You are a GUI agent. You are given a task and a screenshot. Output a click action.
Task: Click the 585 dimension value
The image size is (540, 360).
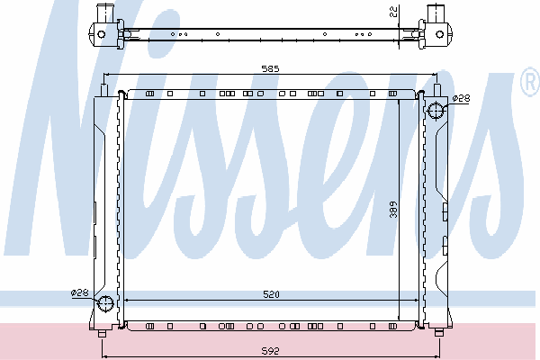[270, 69]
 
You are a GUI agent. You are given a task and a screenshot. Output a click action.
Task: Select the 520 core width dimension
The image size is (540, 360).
[272, 294]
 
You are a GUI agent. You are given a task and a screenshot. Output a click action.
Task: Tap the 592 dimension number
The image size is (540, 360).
[270, 351]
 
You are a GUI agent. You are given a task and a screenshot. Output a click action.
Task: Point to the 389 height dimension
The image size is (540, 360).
[393, 210]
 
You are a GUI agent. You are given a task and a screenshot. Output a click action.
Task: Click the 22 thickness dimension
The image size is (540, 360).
[393, 12]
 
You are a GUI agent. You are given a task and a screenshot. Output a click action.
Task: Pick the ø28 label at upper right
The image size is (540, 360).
[461, 98]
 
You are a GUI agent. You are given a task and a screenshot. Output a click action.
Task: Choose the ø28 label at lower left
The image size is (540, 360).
[79, 292]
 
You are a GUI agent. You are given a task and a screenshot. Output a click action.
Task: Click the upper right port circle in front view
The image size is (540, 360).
[436, 111]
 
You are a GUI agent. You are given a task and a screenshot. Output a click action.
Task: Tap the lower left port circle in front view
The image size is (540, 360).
[105, 303]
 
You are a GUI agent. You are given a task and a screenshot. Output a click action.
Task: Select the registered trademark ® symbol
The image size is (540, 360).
[530, 82]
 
